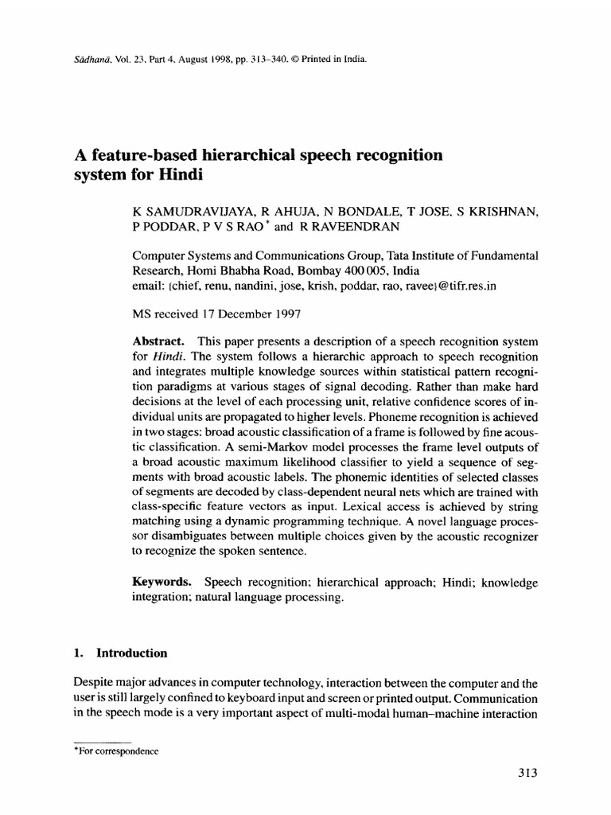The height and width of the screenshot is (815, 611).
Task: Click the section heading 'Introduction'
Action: coord(132,653)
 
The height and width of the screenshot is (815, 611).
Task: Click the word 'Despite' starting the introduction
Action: coord(90,683)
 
